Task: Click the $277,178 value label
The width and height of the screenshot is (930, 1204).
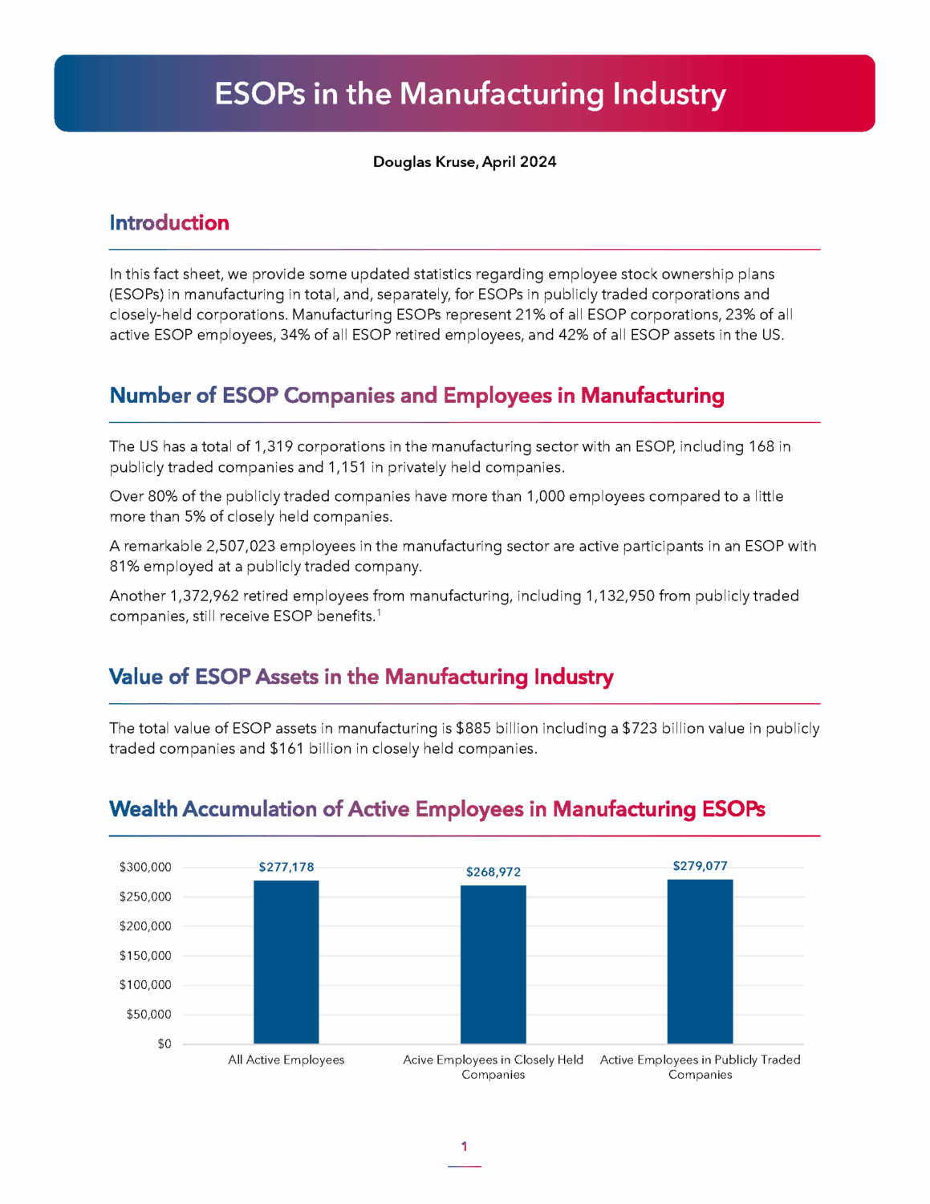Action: point(286,867)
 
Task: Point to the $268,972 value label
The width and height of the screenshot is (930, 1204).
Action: point(493,872)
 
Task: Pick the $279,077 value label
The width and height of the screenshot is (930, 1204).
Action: point(700,866)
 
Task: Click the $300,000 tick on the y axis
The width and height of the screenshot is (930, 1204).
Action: point(145,867)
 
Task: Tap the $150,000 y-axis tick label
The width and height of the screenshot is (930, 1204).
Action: point(145,955)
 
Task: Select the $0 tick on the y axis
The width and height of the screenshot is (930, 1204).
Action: point(164,1043)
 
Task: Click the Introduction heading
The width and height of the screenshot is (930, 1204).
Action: point(169,222)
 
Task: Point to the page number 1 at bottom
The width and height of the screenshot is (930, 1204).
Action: point(464,1146)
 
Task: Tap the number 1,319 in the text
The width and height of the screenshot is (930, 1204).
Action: point(274,446)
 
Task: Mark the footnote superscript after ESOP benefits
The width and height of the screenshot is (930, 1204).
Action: point(379,613)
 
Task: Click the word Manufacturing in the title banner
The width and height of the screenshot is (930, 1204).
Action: point(502,94)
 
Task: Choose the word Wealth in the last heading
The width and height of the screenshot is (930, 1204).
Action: point(143,808)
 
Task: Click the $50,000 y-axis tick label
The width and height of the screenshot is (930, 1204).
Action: point(148,1014)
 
